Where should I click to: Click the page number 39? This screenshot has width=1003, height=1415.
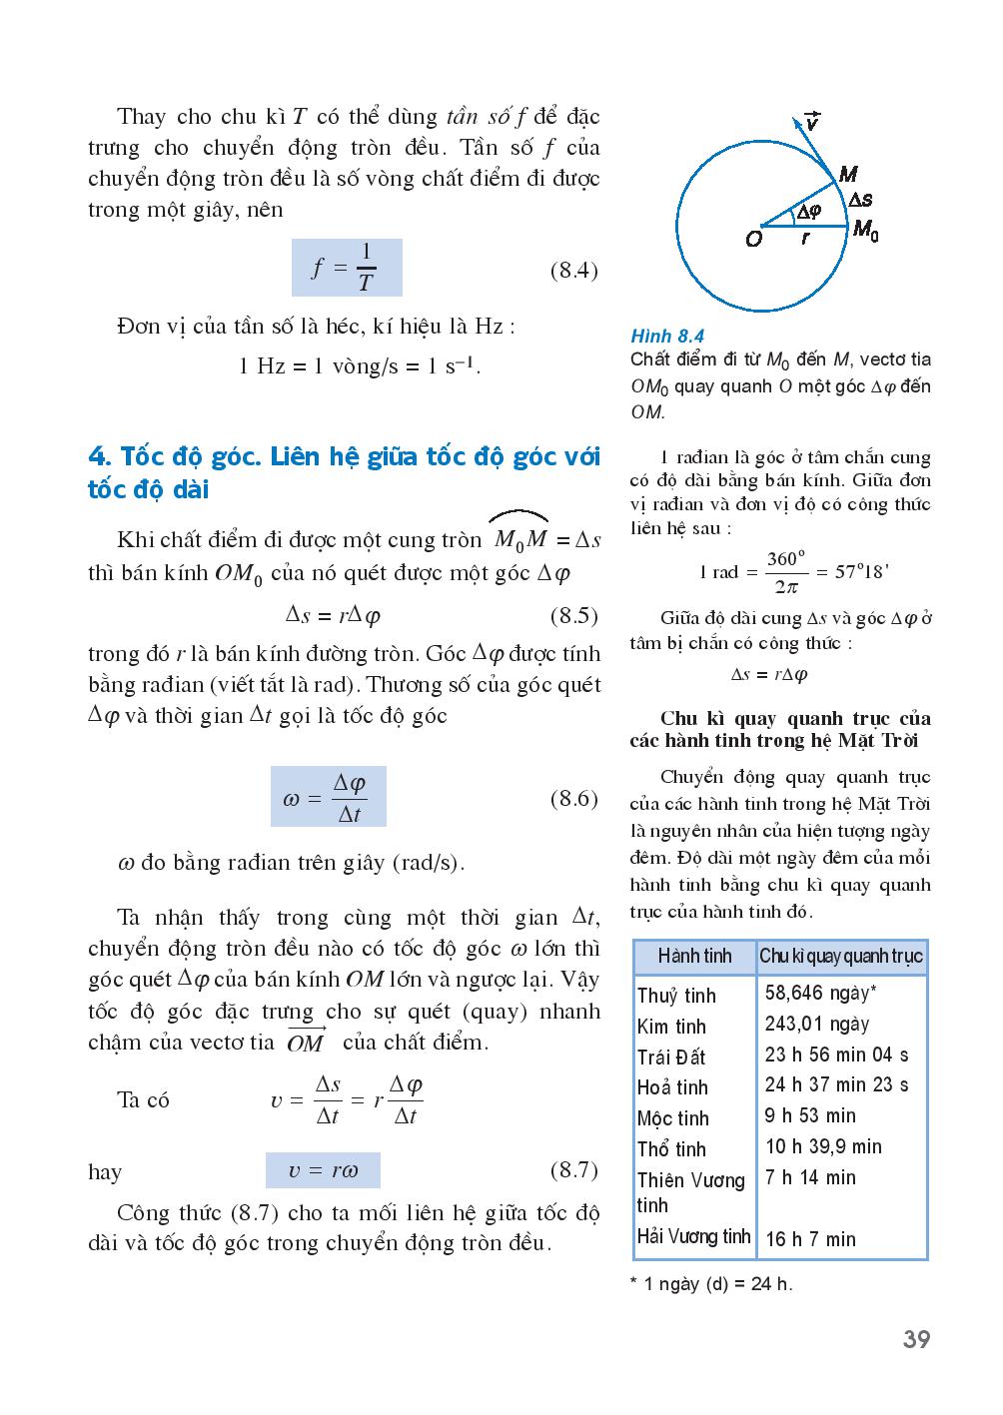point(916,1339)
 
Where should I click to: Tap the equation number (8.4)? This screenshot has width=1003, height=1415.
point(574,270)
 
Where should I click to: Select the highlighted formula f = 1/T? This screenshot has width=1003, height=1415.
point(346,268)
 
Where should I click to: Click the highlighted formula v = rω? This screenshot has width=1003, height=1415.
point(323,1170)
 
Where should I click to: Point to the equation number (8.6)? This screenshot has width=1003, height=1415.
point(574,798)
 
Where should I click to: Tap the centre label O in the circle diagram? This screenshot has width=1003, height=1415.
point(753,240)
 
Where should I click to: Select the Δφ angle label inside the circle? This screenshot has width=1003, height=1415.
point(805,212)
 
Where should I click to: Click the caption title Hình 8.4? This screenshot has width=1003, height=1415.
point(667,337)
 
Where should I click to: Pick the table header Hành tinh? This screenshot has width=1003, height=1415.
point(694,957)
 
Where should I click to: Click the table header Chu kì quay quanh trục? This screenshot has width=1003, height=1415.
point(841,957)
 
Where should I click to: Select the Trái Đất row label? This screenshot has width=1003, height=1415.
point(671,1057)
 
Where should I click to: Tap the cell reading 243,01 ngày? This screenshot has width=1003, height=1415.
point(817,1024)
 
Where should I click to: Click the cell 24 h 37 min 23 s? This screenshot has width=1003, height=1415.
point(837,1085)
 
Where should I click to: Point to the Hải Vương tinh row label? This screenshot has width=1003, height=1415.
point(693,1236)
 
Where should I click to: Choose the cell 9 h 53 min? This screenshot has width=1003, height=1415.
point(810,1115)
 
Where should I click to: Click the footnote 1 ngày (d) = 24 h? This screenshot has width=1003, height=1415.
point(711,1284)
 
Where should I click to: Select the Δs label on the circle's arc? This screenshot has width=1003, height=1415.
point(859,200)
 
